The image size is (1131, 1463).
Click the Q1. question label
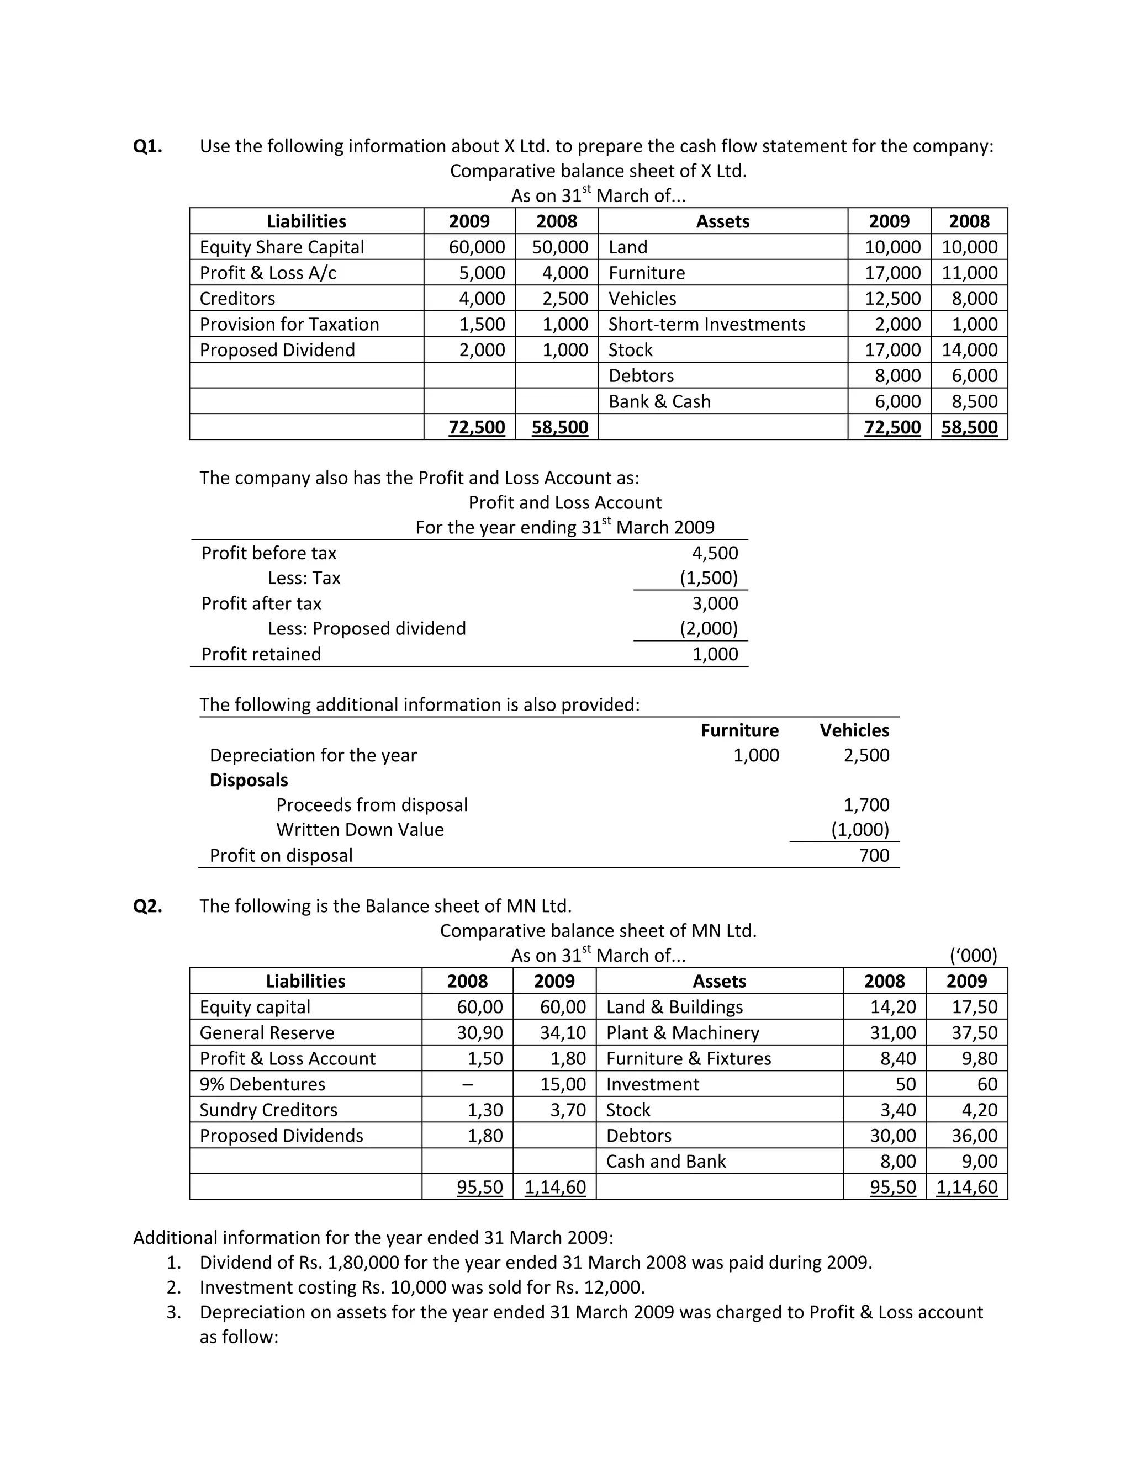point(147,146)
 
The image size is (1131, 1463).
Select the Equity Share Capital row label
point(282,247)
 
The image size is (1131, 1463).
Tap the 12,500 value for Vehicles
point(892,299)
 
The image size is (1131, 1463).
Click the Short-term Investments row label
point(706,324)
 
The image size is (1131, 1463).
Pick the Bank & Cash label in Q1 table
point(659,401)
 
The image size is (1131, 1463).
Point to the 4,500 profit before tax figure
point(715,553)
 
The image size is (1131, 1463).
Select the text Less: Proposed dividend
point(367,628)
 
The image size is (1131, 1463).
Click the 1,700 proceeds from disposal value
point(866,804)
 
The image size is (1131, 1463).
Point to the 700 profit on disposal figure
point(874,855)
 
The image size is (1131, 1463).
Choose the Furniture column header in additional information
point(739,730)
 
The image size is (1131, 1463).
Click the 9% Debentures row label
point(262,1084)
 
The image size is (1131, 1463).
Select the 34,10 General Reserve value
point(563,1033)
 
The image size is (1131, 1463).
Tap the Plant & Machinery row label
point(682,1033)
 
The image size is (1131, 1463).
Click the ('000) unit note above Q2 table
point(973,956)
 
